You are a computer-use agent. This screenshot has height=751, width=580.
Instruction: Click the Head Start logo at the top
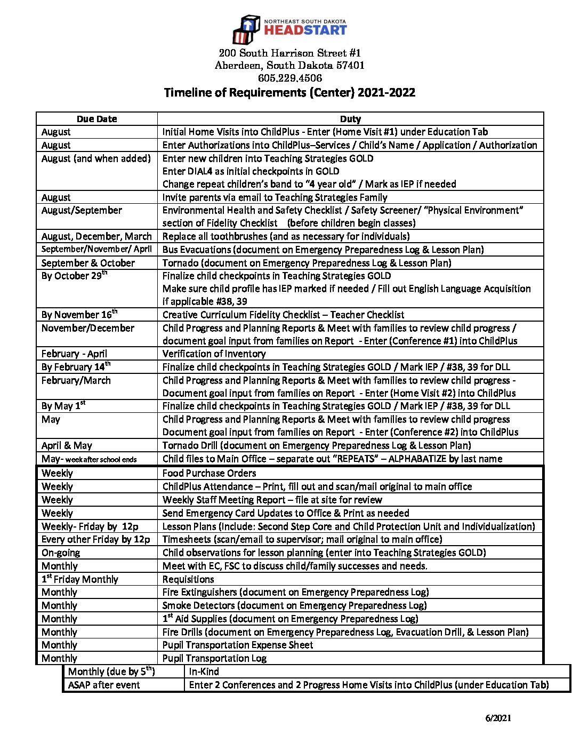point(289,29)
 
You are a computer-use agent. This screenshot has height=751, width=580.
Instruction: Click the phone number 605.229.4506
point(289,78)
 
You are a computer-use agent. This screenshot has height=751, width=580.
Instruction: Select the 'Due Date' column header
point(96,119)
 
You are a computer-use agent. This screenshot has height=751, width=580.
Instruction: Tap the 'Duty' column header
point(350,119)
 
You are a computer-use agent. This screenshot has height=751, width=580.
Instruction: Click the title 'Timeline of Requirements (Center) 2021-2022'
point(289,93)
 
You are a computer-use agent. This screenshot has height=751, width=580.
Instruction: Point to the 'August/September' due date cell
point(82,211)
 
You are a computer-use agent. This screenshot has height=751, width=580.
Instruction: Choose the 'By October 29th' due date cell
point(75,276)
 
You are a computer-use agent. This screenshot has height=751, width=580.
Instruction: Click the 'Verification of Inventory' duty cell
point(214,354)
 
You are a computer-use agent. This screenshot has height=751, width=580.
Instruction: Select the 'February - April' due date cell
point(74,354)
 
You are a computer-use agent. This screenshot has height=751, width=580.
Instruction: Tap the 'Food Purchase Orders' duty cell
point(209,473)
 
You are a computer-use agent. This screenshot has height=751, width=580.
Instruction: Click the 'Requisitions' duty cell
point(188,579)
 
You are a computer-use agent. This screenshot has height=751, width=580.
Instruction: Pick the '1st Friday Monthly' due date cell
point(80,579)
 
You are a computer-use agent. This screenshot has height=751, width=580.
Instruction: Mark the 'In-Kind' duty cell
point(204,672)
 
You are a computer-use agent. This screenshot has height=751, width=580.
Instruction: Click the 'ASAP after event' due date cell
point(104,685)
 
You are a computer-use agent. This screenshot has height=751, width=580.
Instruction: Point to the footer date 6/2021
point(498,718)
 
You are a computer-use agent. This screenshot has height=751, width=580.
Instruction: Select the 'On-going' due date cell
point(61,553)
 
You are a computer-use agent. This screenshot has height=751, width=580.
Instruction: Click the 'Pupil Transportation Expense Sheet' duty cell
point(238,645)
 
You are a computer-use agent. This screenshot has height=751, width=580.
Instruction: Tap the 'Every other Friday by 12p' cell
point(96,539)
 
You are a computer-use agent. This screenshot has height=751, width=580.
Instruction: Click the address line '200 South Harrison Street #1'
point(289,53)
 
